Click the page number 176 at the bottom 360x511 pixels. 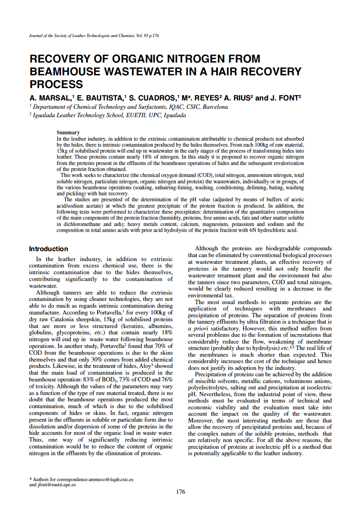(180, 492)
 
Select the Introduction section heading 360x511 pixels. (48, 249)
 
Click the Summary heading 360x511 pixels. (68, 132)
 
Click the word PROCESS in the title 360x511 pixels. (56, 85)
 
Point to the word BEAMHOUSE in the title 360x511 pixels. (66, 72)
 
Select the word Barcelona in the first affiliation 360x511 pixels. (215, 107)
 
